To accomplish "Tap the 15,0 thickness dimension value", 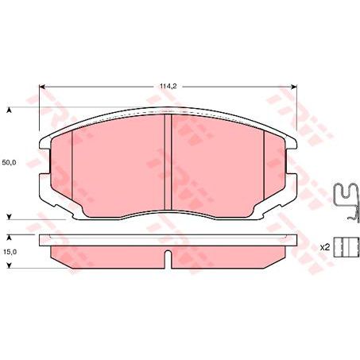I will pyautogui.click(x=10, y=252).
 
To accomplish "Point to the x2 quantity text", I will pyautogui.click(x=323, y=247).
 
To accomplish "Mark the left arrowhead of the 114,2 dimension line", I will pyautogui.click(x=43, y=87).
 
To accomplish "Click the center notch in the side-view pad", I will pyautogui.click(x=167, y=257).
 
